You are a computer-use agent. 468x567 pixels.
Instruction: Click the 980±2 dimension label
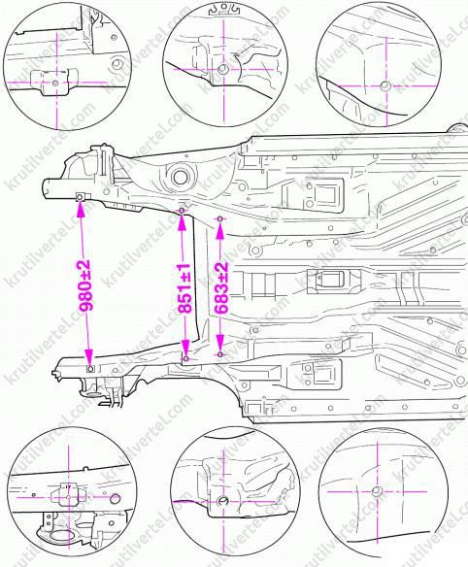tap(85, 284)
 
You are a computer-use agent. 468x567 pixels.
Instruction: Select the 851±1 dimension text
tap(184, 287)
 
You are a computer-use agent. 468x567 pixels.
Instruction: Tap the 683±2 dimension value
tap(221, 287)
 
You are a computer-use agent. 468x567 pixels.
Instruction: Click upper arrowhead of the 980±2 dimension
tap(81, 209)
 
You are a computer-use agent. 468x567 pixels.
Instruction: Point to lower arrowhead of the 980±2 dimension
tap(88, 357)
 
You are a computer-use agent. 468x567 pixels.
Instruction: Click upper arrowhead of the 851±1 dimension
tap(183, 222)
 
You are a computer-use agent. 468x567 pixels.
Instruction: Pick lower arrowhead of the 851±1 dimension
tap(185, 348)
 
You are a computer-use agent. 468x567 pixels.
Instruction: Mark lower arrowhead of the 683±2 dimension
tap(220, 342)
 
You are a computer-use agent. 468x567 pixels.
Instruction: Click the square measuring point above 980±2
tap(80, 197)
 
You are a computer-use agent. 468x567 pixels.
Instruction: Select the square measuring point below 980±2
tap(90, 369)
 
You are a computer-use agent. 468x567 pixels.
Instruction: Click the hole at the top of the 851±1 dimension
tap(182, 211)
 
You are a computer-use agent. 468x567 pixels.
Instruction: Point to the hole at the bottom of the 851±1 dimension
tap(186, 358)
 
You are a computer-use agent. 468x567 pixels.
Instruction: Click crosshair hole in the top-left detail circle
tap(55, 83)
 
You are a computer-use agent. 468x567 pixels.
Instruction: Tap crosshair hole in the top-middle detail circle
tap(223, 69)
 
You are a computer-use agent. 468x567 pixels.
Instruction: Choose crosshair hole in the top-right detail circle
tap(384, 86)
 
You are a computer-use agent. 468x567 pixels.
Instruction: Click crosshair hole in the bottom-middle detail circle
tap(222, 501)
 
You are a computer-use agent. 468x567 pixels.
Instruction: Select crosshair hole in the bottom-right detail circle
tap(377, 491)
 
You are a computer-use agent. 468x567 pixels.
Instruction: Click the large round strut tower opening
tap(180, 177)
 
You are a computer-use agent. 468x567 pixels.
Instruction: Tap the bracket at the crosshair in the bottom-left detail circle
tap(68, 495)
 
